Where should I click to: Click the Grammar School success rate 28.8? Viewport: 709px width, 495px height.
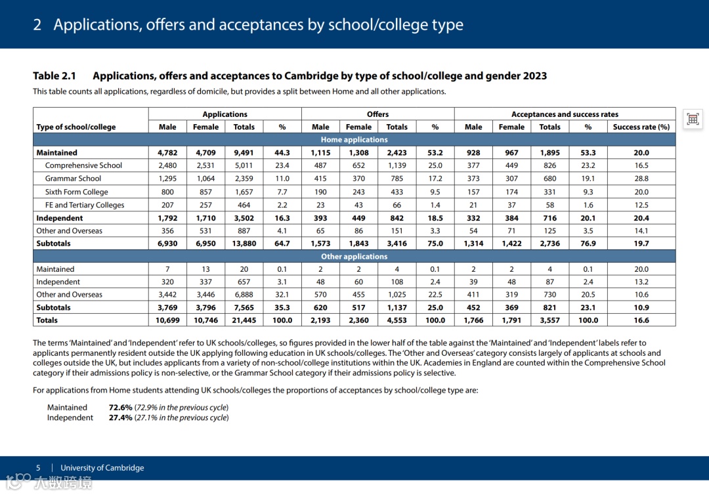click(x=641, y=179)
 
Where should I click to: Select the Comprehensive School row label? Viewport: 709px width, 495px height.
click(x=83, y=165)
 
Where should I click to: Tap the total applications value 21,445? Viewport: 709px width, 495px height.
click(x=244, y=320)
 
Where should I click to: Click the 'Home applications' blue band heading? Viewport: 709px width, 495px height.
click(x=354, y=140)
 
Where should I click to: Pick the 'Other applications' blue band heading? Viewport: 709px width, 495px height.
click(x=354, y=257)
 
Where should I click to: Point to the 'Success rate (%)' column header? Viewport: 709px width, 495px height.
click(x=641, y=127)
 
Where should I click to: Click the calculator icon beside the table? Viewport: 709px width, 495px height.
click(x=693, y=119)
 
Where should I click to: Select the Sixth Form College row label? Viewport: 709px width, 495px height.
click(x=76, y=192)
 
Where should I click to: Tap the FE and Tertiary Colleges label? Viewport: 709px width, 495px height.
click(x=84, y=205)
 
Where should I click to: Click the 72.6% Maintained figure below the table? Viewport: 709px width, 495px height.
click(x=121, y=408)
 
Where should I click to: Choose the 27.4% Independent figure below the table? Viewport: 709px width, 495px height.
click(x=121, y=418)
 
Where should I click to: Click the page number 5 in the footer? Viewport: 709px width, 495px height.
click(x=38, y=468)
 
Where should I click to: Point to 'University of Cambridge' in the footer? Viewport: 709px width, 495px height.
click(x=102, y=468)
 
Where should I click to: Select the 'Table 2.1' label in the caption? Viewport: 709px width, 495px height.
click(x=54, y=76)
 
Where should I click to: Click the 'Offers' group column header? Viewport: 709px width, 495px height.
click(x=377, y=114)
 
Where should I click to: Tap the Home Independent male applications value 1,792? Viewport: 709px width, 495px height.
click(x=167, y=218)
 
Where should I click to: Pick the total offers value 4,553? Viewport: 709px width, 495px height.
click(x=397, y=320)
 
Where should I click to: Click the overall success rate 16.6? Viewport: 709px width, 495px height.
click(x=641, y=320)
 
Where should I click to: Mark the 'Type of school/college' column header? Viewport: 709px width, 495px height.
click(x=76, y=127)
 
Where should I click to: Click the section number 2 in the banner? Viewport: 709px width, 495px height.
click(x=37, y=25)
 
